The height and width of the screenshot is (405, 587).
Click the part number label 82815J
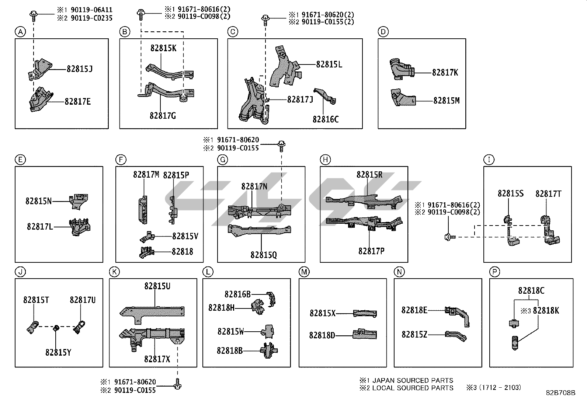pos(79,69)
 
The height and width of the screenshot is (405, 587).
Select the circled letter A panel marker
pos(20,32)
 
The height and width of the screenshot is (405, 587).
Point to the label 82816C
pos(325,119)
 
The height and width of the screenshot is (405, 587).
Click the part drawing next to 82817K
pos(401,69)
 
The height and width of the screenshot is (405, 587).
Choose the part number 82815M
pos(446,101)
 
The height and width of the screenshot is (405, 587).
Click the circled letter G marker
pos(223,160)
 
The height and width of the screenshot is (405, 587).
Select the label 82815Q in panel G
pos(263,255)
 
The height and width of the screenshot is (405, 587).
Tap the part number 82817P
pos(371,251)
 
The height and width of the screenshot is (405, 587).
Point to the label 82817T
pos(548,194)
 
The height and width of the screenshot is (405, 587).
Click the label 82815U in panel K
pos(157,286)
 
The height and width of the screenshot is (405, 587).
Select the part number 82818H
pos(221,308)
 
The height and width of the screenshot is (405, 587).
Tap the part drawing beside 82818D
pos(365,334)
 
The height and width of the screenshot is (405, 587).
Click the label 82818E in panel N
pos(414,310)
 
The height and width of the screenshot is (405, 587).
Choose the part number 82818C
pos(531,291)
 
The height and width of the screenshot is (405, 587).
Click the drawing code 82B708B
pos(560,393)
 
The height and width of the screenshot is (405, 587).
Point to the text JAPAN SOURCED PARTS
pos(413,380)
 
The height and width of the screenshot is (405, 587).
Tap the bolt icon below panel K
pos(178,384)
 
